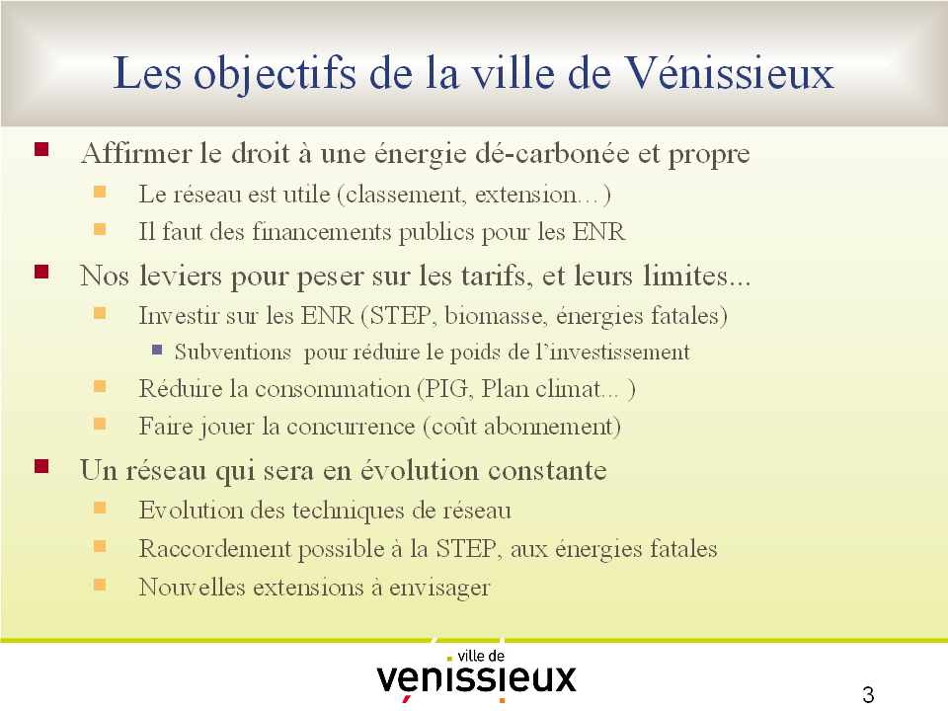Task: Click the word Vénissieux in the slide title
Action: pos(729,72)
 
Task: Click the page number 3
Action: pos(868,694)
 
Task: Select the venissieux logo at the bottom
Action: pos(476,674)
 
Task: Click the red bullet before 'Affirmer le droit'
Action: pos(41,149)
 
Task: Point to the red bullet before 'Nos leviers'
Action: pos(41,272)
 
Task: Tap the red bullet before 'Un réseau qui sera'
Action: pos(41,466)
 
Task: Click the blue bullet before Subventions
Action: pos(157,350)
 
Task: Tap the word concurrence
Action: pos(351,427)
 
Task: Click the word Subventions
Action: pos(233,352)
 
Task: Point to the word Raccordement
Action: pos(215,548)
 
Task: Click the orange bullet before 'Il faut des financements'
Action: pos(100,229)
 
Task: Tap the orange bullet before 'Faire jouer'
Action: pos(100,424)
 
